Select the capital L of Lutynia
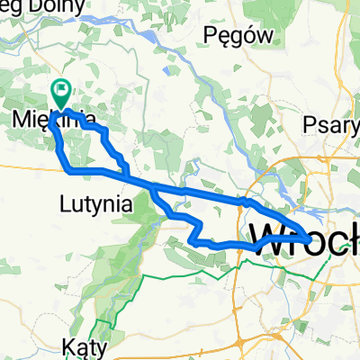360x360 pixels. [65, 204]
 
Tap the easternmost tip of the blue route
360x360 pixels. [310, 238]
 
